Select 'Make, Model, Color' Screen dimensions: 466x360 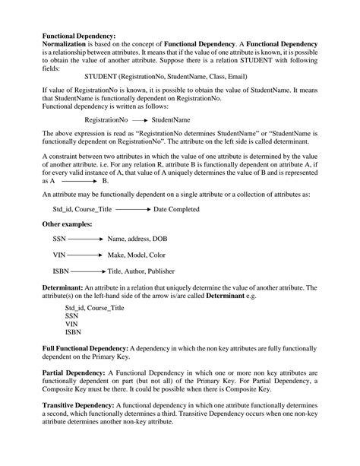pos(137,255)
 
